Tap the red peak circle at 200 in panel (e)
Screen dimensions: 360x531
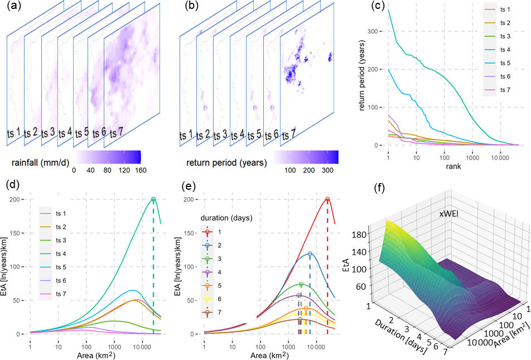(x=327, y=199)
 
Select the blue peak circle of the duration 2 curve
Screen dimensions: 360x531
(x=310, y=254)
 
